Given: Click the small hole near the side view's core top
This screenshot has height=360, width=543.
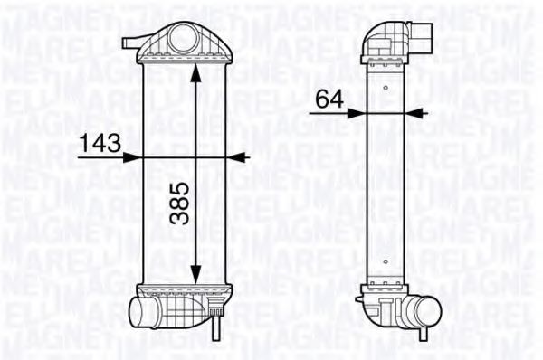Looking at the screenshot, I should pos(386,88).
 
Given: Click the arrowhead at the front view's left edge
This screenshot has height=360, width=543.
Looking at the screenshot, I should pos(138,156).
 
